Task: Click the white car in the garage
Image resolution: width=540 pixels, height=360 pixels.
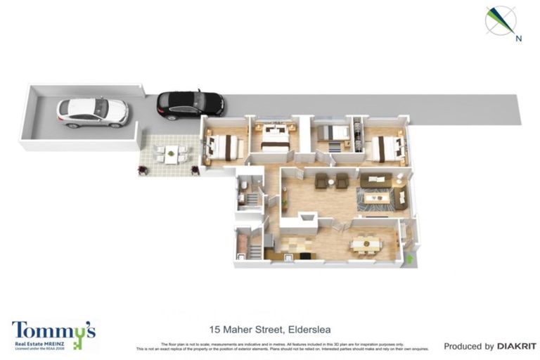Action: [x=92, y=111]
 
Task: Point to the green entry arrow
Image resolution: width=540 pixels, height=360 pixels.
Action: [x=409, y=258]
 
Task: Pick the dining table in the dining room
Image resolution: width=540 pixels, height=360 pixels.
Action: [x=366, y=243]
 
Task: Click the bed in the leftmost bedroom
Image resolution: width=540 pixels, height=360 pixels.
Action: [x=224, y=146]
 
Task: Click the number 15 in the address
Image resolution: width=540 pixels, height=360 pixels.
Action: [x=214, y=329]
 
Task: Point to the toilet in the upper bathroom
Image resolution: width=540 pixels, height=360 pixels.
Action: [x=243, y=184]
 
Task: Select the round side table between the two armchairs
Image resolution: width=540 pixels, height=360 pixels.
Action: [x=331, y=180]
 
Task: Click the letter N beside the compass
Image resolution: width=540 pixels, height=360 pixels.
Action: [x=518, y=39]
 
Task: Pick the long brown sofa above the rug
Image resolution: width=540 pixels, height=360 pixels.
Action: [x=378, y=180]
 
